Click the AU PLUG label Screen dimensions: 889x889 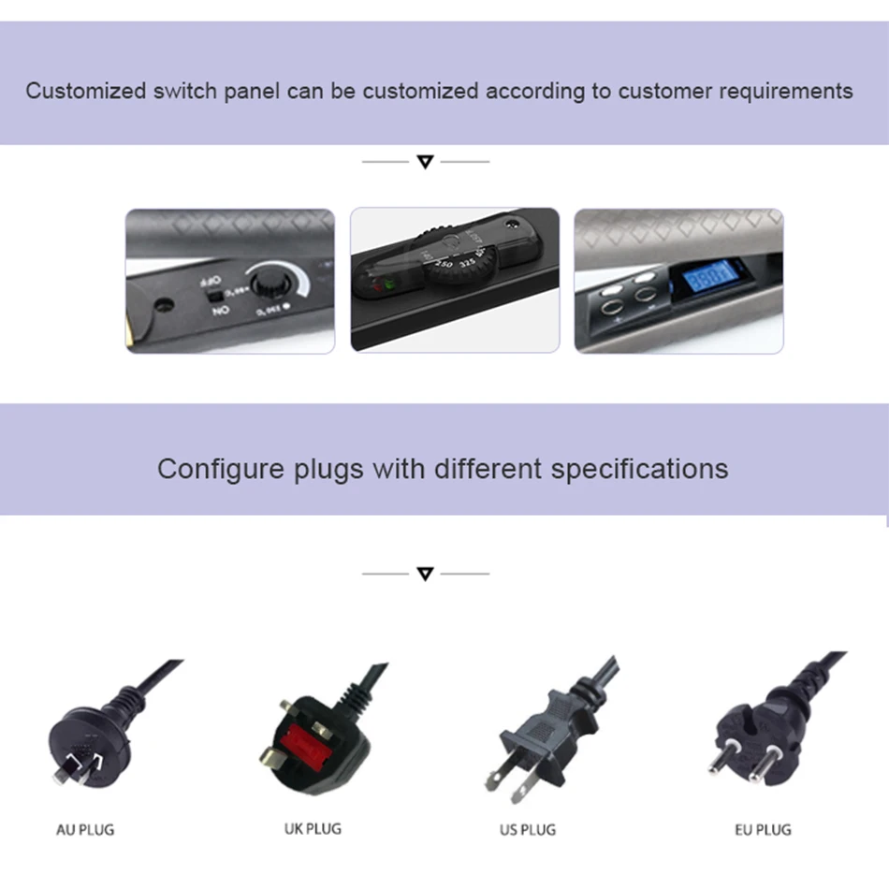point(85,829)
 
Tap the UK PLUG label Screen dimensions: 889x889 point(313,828)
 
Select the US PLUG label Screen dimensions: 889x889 point(528,829)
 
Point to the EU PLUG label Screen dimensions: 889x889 point(763,829)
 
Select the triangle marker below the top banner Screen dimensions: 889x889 point(425,162)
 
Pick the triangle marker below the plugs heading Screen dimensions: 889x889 point(425,574)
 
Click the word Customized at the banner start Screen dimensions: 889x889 point(86,92)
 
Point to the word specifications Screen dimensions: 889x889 point(639,468)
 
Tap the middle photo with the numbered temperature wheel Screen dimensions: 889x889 point(455,280)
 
